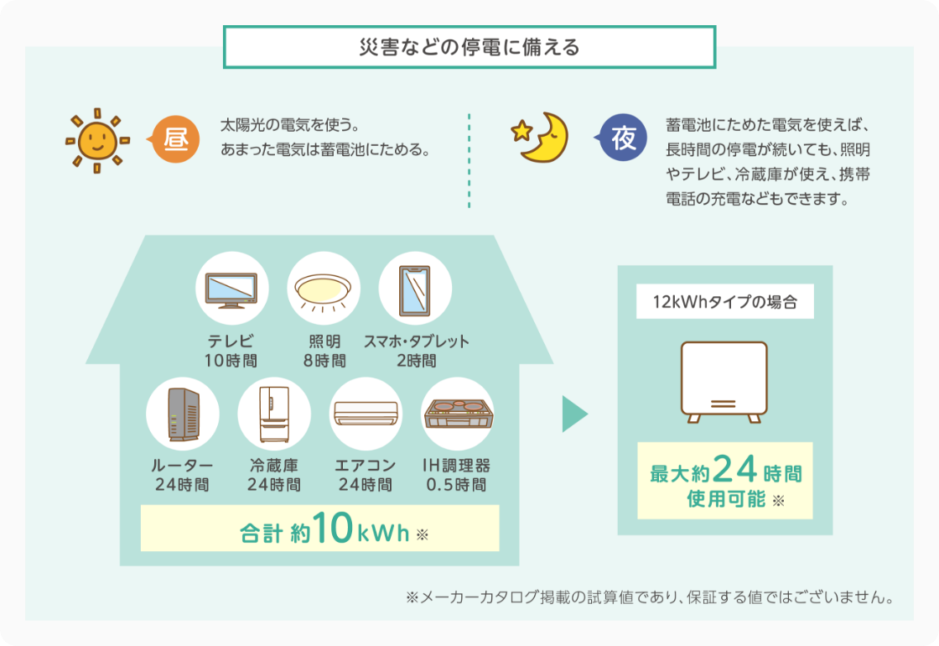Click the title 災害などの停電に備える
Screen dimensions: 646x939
pyautogui.click(x=469, y=47)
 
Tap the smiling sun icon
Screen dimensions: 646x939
pyautogui.click(x=98, y=140)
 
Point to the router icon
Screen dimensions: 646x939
pyautogui.click(x=183, y=414)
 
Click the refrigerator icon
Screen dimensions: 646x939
pyautogui.click(x=274, y=414)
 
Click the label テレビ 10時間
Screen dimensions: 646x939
pyautogui.click(x=231, y=352)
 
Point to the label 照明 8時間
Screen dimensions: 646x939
pyautogui.click(x=324, y=352)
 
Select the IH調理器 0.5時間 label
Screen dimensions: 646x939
pyautogui.click(x=457, y=476)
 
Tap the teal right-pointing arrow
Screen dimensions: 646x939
pyautogui.click(x=574, y=414)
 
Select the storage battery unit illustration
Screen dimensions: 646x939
pyautogui.click(x=724, y=382)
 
